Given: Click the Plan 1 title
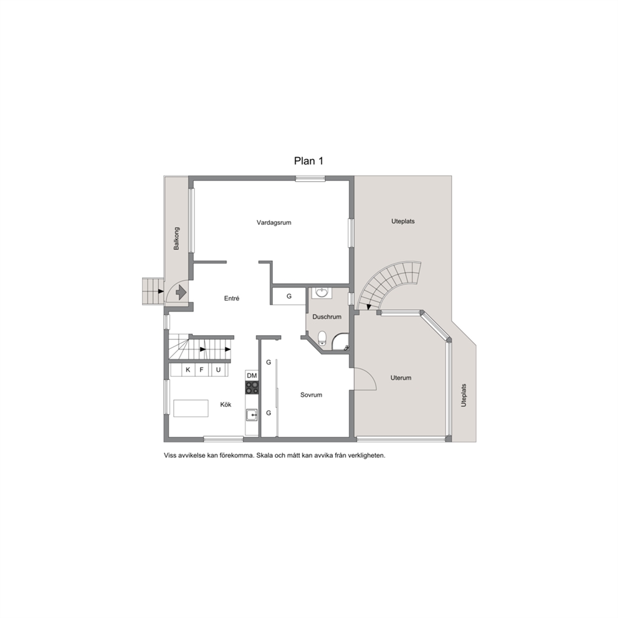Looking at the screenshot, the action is coord(308,161).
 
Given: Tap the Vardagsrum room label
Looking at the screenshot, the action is coord(274,222).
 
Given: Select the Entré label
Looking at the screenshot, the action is coord(232,298).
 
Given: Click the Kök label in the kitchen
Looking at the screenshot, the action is coord(226,404).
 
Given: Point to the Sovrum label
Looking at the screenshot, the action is coord(311,394).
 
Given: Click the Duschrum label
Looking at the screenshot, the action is coord(326,316).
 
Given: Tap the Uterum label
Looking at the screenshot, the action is coord(401,378).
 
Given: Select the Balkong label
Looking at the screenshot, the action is coord(176,238).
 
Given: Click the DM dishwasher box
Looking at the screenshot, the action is coord(252,376).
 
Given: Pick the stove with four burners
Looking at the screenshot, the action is coord(252,387).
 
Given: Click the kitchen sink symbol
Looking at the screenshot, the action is coord(252,415).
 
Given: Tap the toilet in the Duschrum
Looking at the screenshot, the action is coord(322,338).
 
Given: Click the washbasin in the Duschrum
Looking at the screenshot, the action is coord(322,292).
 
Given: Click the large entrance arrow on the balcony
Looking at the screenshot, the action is coord(181,292).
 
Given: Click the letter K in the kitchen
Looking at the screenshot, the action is coord(188,369).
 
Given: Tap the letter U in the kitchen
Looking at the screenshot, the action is coord(218,369).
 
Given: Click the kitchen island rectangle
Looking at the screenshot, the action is coord(191,408).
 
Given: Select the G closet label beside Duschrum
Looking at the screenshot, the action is coord(289,296).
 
